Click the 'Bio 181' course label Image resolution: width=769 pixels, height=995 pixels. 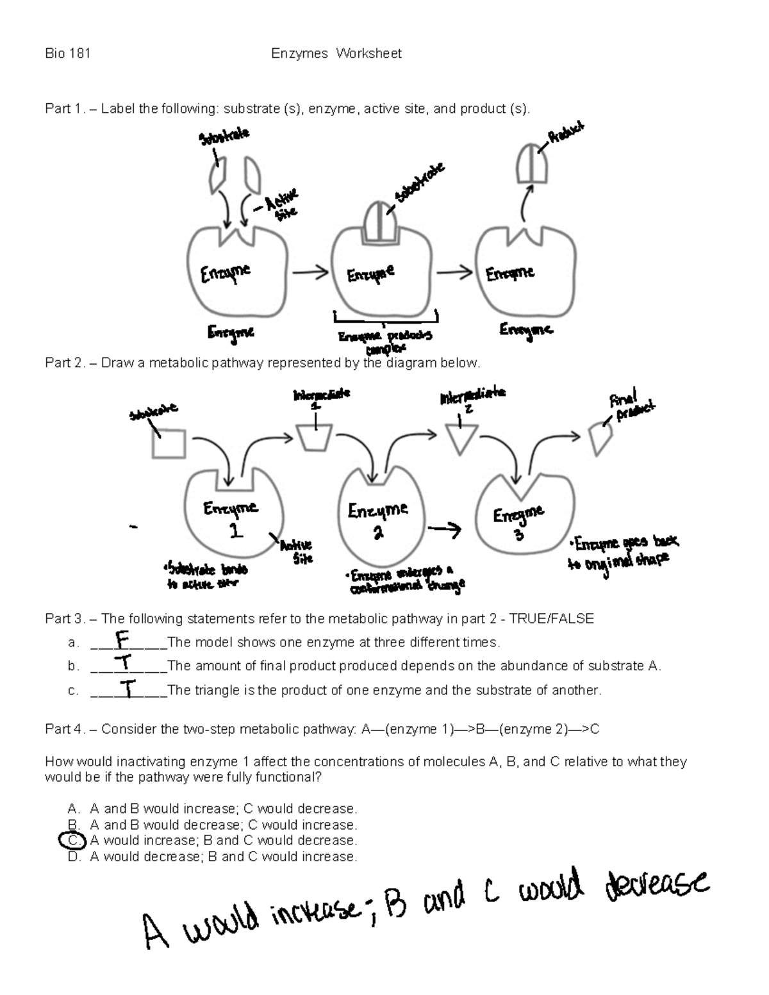point(67,54)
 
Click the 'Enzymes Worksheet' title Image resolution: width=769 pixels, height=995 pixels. point(336,54)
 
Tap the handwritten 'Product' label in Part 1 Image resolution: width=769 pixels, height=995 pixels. point(565,133)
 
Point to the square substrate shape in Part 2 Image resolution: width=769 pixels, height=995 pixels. point(169,443)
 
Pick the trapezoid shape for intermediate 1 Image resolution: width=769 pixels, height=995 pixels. point(315,438)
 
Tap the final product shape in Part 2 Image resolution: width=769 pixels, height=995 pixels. point(600,438)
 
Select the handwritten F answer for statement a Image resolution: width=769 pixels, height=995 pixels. point(122,639)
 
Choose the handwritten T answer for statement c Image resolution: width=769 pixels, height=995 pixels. point(129,689)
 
